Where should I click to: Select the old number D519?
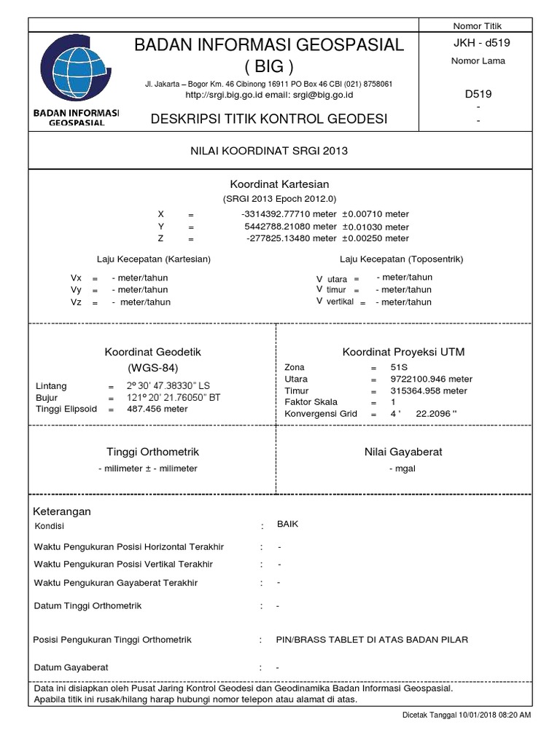click(478, 93)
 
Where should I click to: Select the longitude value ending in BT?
click(170, 397)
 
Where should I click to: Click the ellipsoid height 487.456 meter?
click(157, 409)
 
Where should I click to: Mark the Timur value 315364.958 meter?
click(429, 390)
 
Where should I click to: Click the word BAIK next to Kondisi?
click(288, 524)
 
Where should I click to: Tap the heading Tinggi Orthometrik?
click(152, 452)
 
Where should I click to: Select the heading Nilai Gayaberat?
click(403, 452)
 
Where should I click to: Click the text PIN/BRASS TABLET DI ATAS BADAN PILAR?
click(372, 640)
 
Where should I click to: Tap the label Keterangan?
click(62, 511)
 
